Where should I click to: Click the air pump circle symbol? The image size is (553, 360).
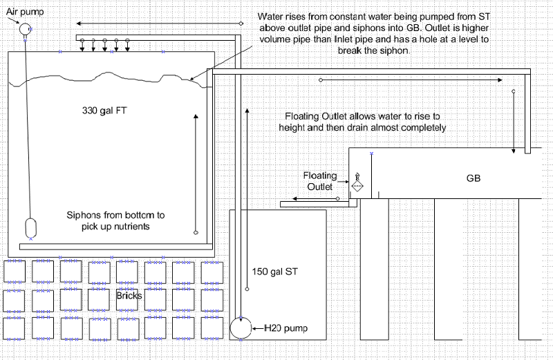[25, 28]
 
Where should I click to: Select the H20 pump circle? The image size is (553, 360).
[243, 328]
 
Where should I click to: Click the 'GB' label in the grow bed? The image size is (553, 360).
[474, 178]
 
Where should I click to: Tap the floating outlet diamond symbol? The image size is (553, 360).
[358, 186]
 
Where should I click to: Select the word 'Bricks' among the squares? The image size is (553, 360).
[129, 295]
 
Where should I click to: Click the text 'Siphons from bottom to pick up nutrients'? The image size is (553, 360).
[115, 220]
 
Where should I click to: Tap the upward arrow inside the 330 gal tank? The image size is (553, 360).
[196, 172]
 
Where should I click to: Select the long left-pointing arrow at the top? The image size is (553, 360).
[158, 23]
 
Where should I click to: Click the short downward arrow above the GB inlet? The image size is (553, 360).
[513, 122]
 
